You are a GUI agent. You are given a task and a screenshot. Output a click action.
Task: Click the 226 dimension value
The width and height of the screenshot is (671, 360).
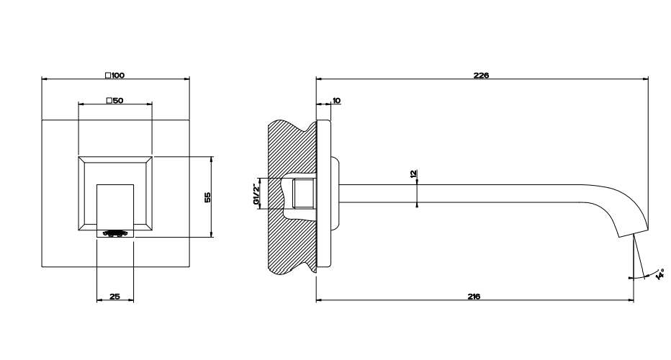coord(481,76)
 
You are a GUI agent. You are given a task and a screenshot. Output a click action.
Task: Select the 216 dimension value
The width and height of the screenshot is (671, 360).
coord(474,296)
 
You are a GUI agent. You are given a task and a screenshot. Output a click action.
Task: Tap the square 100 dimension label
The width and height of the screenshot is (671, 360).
coord(114,76)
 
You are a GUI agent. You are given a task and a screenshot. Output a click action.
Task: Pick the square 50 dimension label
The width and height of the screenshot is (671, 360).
coord(114,101)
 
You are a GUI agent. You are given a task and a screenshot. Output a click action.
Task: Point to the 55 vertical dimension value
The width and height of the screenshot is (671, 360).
coord(207,197)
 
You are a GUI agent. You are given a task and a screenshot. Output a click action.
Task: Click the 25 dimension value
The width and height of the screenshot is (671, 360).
coord(114,296)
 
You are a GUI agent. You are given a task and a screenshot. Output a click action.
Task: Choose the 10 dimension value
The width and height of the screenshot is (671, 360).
coord(336,101)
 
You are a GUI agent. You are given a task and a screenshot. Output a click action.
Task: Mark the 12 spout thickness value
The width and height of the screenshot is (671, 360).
coord(413,174)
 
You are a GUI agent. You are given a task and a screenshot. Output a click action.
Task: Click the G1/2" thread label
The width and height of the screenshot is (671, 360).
coord(256,194)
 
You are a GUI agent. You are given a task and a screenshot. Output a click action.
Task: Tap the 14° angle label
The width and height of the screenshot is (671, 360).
coord(660,274)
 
